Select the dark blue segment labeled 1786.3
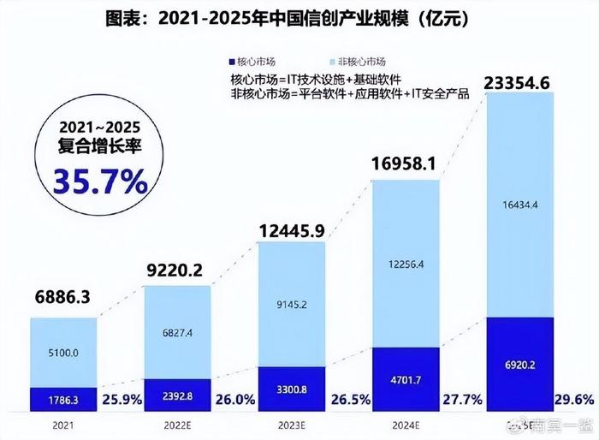click(x=64, y=399)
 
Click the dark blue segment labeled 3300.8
click(x=292, y=389)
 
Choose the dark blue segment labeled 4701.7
click(x=406, y=379)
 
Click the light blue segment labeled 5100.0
click(x=64, y=352)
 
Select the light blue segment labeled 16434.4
click(x=519, y=205)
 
